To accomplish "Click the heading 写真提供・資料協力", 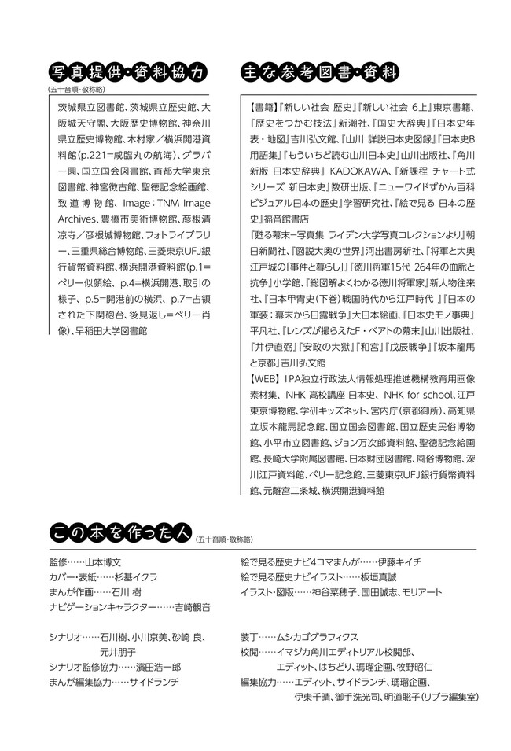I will point(127,72).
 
